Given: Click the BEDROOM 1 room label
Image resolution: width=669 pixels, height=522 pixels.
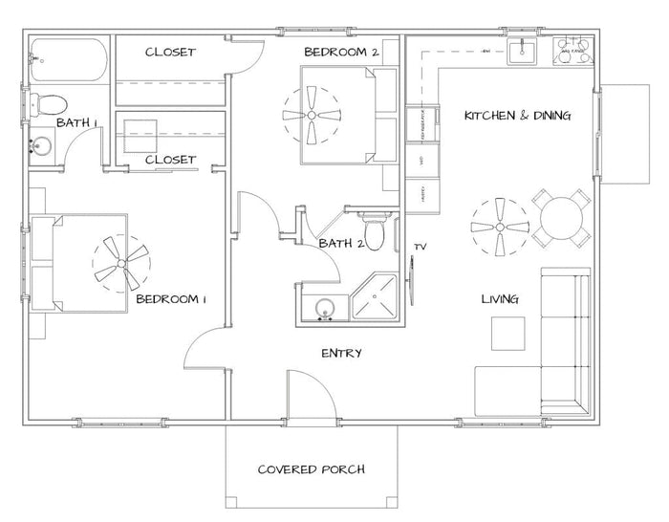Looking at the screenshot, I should tap(171, 299).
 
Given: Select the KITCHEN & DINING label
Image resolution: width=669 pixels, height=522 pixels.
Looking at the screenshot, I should tap(517, 116).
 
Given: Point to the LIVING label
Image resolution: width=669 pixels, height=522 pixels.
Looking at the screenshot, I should tap(499, 299).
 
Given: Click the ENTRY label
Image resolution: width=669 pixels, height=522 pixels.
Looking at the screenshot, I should tap(341, 354).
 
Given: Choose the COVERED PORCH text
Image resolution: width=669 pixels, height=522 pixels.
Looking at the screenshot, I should tap(312, 469).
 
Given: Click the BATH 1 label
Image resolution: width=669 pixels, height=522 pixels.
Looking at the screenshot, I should tap(77, 122).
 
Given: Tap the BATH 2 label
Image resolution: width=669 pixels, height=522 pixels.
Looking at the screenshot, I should tap(339, 243).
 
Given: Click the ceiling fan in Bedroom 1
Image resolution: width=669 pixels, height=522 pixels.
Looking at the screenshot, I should tap(121, 264).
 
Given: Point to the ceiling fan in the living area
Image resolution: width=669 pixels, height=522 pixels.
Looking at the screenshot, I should tap(499, 228).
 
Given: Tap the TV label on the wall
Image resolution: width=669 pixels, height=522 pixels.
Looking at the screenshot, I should tap(419, 247).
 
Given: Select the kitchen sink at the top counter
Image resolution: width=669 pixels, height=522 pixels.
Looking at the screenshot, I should tap(524, 52).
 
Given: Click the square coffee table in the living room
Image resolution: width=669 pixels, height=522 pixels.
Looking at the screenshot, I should tap(509, 335).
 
